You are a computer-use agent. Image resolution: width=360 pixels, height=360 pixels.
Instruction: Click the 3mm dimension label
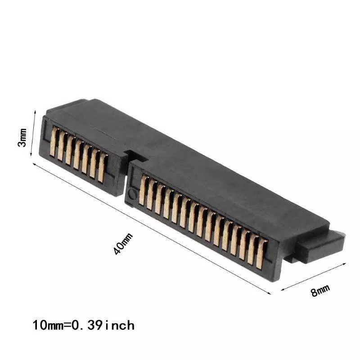coord(22,138)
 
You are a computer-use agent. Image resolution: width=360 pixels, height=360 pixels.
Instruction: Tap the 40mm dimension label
coord(123,244)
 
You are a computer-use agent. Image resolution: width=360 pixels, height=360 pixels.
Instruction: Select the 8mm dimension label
coord(320,290)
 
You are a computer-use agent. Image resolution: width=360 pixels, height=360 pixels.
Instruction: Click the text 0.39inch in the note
coord(103,325)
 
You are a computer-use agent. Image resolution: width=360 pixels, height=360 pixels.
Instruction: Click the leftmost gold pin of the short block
coord(54,142)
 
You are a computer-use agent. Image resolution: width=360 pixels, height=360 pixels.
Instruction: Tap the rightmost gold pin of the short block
coord(103,168)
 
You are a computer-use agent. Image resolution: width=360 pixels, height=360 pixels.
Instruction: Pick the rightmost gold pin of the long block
coord(262,254)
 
